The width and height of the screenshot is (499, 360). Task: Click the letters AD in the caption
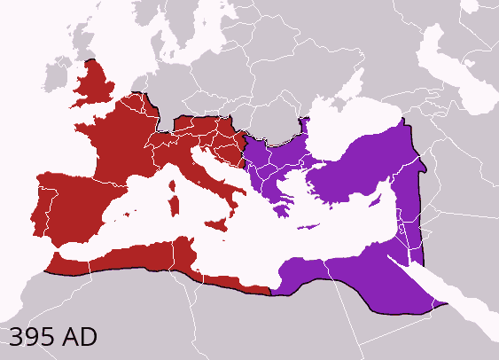(80, 337)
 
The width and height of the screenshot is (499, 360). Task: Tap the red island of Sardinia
(174, 207)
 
